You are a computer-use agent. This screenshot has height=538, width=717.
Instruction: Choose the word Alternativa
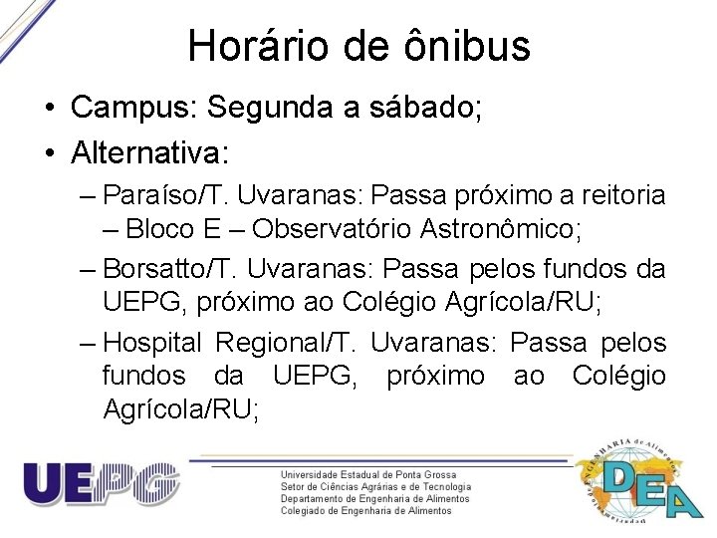coord(150,152)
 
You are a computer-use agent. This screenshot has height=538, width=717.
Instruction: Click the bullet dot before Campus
coord(47,109)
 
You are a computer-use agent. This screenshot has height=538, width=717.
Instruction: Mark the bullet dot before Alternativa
coord(47,153)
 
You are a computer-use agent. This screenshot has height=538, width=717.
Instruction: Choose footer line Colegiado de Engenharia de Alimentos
coord(365,511)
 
